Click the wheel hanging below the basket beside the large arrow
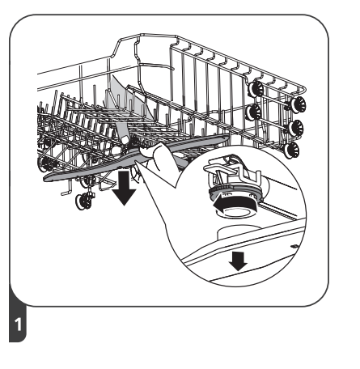[83, 200]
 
